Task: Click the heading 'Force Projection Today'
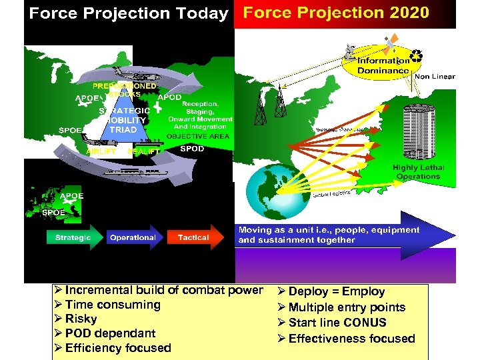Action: pos(129,14)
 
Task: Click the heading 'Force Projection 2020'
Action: pos(336,13)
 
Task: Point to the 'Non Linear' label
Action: pos(435,77)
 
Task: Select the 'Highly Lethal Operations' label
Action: pos(418,172)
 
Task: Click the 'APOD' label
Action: pos(169,97)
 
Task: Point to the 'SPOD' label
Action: pos(192,149)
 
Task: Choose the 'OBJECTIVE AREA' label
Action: pos(198,136)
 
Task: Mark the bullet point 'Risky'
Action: pos(81,319)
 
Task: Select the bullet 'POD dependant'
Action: pos(110,333)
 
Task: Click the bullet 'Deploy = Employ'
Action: pos(336,291)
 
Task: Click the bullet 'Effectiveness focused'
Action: pos(351,338)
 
